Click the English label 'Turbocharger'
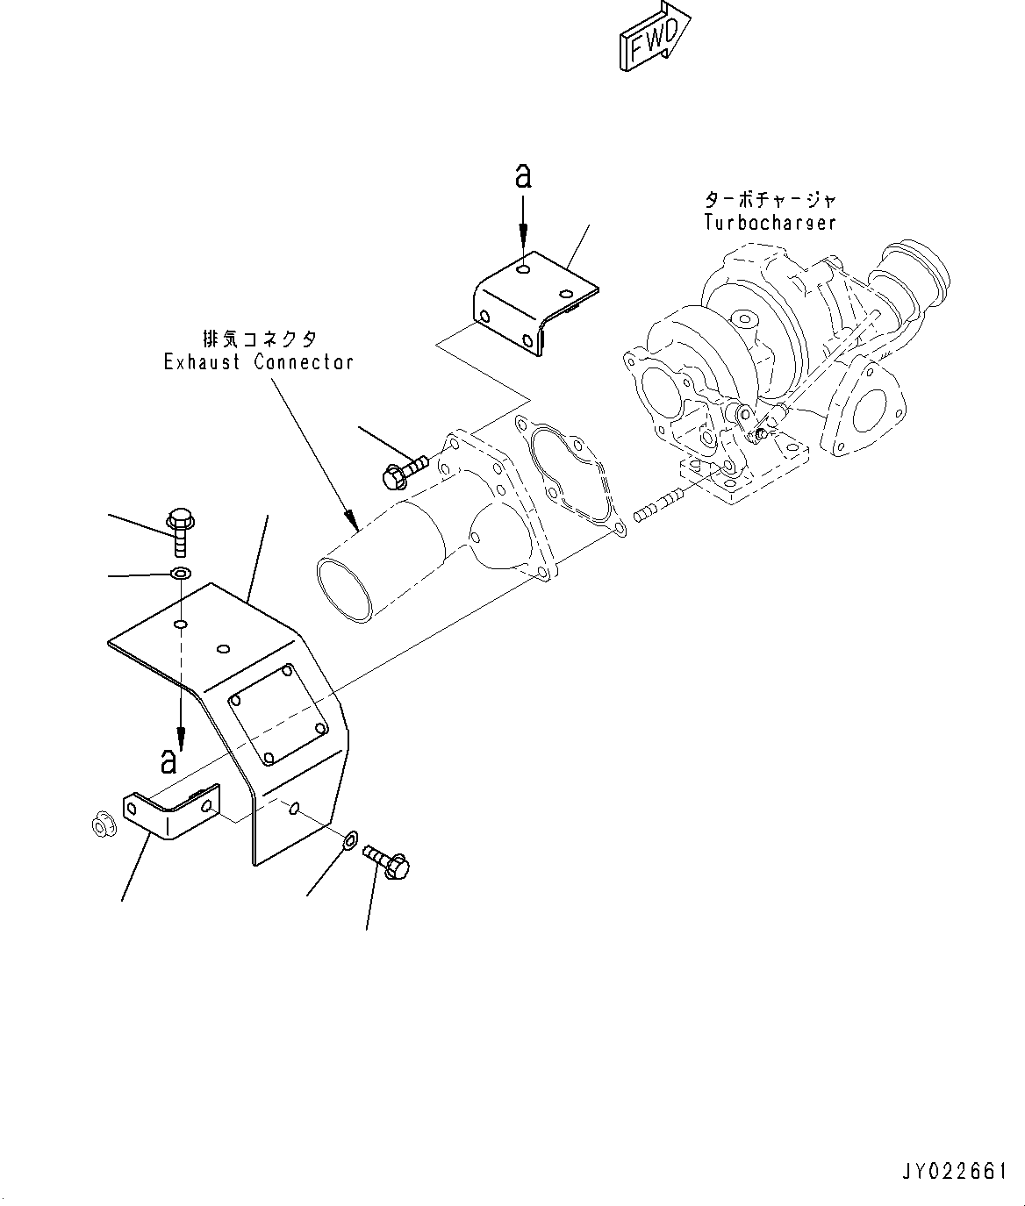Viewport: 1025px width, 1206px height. [769, 222]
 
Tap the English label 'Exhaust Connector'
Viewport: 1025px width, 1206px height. [259, 361]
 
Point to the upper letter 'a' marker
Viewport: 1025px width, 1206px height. [523, 177]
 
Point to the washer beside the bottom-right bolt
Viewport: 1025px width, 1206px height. [348, 839]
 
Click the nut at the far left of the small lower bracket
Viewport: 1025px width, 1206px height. [102, 824]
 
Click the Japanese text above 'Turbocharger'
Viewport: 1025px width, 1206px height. [769, 200]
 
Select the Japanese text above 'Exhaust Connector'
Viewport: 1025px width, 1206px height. [259, 338]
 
